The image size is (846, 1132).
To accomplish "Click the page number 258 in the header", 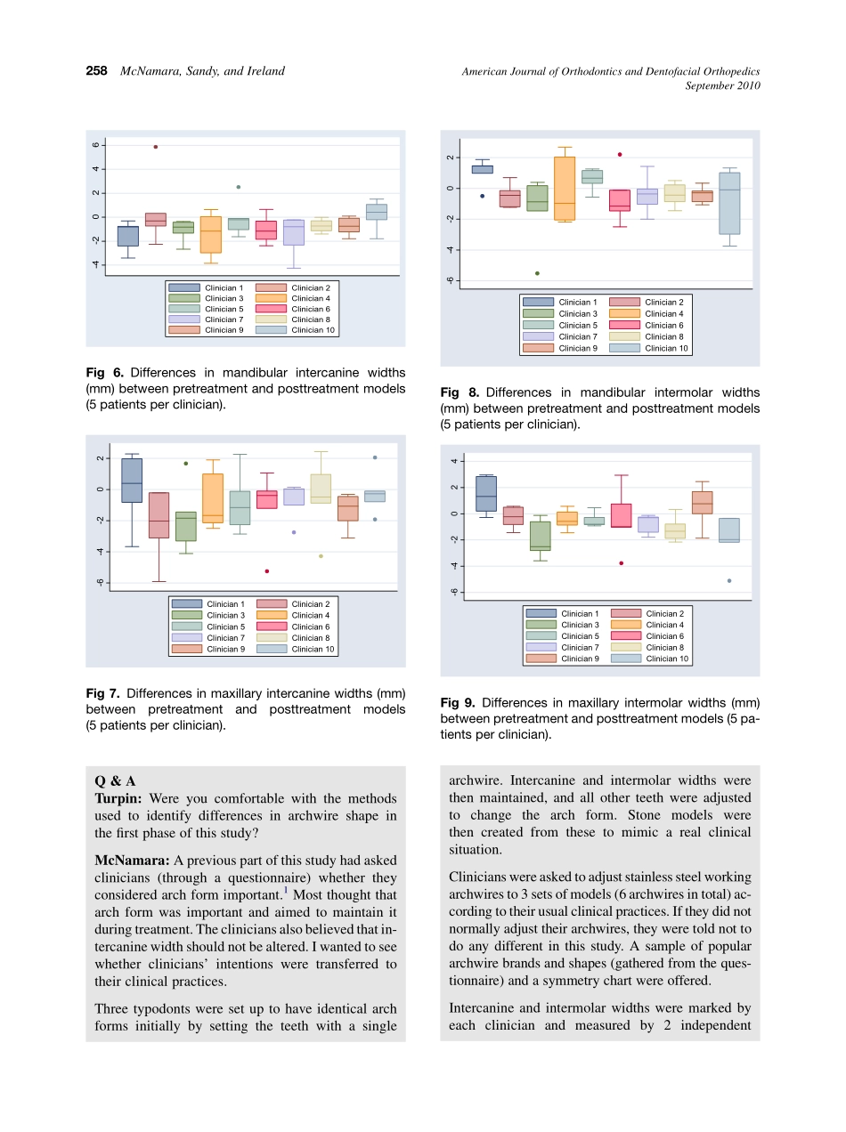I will point(96,71).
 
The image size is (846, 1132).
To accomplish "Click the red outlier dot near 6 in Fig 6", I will point(156,147).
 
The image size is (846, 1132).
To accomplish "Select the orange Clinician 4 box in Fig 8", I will point(565,188).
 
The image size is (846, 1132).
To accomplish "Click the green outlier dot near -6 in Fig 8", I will point(537,273).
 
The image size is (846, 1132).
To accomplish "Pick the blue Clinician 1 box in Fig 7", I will point(132,481).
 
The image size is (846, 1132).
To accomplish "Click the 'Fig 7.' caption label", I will point(103,693).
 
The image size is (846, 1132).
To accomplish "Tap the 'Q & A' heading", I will point(115,780).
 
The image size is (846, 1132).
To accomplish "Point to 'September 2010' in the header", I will point(722,85).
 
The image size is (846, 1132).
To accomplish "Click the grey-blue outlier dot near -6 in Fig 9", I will point(729,581).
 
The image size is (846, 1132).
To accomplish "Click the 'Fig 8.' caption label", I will point(460,392).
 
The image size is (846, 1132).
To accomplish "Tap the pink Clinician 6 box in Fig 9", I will point(621,515).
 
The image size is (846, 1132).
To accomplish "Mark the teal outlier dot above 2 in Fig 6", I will point(239,187).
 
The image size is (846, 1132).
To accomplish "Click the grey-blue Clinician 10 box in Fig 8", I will point(729,203).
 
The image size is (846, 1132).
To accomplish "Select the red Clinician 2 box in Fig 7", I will point(159,515).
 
